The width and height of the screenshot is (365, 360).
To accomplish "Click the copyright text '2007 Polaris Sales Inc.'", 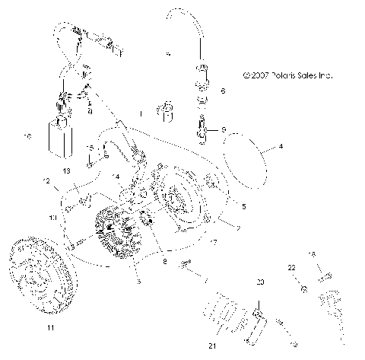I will (x=288, y=76).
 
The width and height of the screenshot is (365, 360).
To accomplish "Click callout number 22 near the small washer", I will (x=291, y=268).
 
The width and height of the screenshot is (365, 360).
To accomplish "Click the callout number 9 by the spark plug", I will (x=224, y=129).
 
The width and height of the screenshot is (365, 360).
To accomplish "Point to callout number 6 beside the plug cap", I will (x=222, y=91).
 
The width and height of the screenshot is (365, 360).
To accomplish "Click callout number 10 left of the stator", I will (x=53, y=218).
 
